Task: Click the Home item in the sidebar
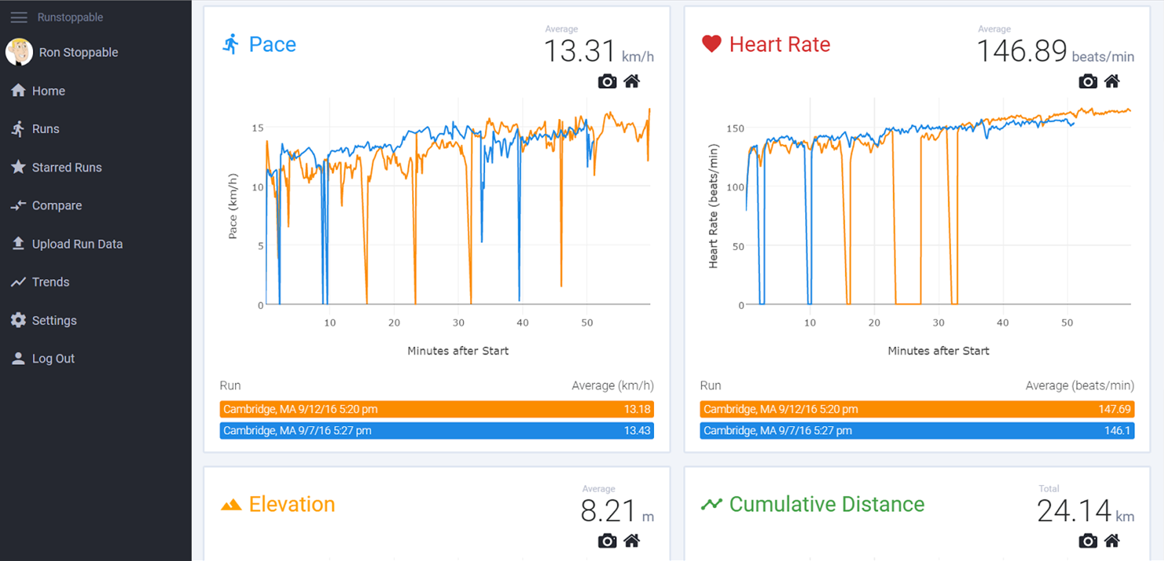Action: coord(48,91)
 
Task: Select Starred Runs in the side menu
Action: coord(67,168)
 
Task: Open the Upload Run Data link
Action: coord(77,244)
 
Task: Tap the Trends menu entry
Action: coord(50,282)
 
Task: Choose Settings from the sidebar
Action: coord(54,320)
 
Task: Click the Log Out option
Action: coord(53,359)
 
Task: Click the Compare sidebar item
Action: coord(56,206)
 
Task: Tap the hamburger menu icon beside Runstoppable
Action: coord(19,17)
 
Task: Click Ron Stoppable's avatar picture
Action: coord(19,52)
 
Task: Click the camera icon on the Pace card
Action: coord(607,81)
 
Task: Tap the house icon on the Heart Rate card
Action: coord(1112,81)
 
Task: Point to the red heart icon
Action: coord(711,44)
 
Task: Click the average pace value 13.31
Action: coord(580,52)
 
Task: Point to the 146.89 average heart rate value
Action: coord(1021,52)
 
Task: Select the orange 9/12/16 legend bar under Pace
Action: coord(436,409)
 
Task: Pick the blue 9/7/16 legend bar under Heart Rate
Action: coord(916,430)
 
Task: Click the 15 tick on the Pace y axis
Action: coord(257,128)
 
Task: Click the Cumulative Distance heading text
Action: coord(826,505)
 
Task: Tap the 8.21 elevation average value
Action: coord(609,512)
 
